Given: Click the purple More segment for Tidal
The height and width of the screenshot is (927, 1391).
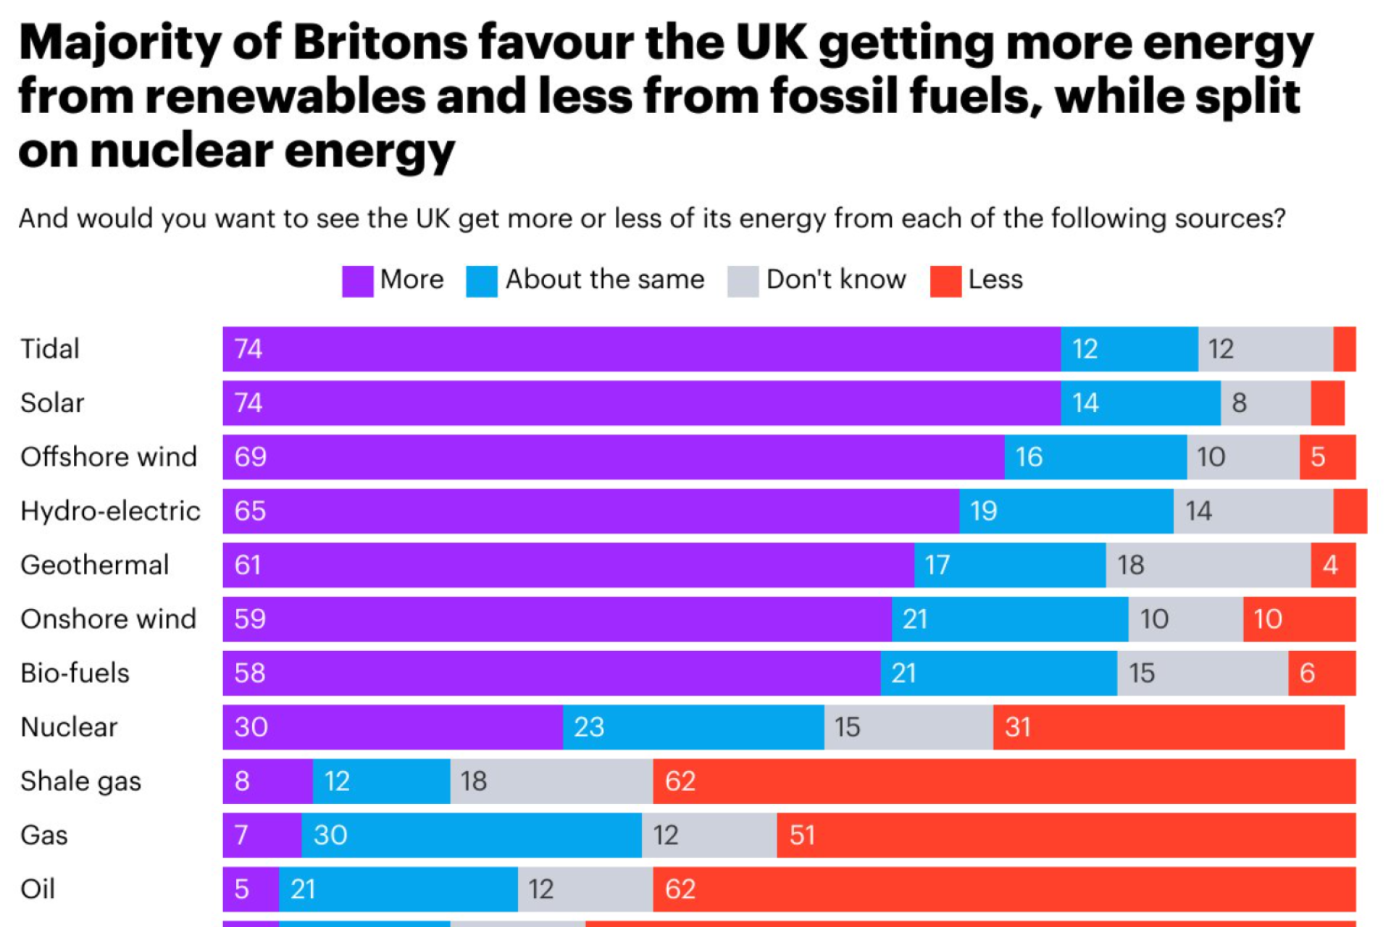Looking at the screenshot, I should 641,348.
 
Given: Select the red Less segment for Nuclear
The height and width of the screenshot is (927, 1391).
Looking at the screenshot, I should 1168,726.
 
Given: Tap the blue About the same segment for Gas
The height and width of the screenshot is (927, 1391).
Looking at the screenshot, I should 471,835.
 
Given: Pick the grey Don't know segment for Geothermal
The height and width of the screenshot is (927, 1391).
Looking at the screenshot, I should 1208,565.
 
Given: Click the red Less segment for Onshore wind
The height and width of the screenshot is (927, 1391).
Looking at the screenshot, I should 1299,619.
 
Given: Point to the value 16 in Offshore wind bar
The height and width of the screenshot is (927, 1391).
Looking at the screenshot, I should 1029,457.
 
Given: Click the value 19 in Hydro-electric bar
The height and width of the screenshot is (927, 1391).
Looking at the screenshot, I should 984,511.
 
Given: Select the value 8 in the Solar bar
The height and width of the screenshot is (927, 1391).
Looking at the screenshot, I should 1240,403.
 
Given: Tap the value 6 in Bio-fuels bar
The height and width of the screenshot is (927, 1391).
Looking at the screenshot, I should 1307,674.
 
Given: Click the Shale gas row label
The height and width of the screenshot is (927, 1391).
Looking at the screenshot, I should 81,781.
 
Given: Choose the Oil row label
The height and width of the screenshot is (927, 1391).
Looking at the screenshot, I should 38,889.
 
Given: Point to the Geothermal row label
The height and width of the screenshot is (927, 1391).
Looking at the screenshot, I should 95,565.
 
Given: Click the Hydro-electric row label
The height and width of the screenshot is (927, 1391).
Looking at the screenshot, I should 110,511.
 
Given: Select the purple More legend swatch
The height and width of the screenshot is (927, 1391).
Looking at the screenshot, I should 357,281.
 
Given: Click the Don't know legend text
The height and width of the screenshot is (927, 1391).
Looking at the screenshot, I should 836,280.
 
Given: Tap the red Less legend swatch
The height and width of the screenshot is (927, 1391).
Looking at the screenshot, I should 945,281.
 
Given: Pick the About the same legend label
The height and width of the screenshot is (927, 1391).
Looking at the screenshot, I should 605,280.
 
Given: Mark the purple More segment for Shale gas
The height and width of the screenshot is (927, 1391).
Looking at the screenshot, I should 267,781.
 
